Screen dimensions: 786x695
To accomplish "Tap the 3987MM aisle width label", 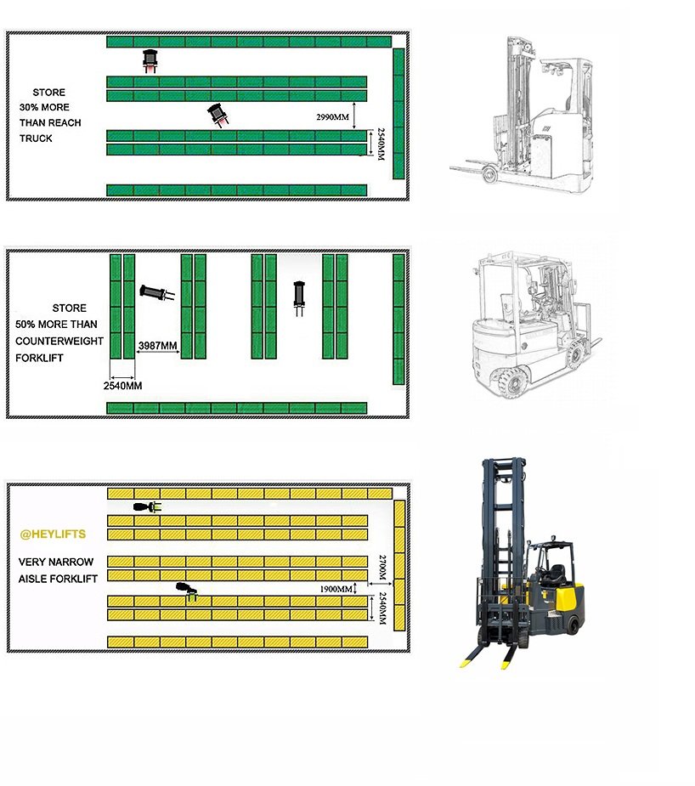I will pos(157,345).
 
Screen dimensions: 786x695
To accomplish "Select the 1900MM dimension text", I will pos(337,589).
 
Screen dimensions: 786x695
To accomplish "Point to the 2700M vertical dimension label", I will pos(382,567).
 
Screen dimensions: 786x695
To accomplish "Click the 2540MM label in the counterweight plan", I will pos(122,386).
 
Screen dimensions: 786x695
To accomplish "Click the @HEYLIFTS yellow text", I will pos(53,534).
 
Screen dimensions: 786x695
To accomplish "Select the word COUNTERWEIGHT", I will pos(59,341).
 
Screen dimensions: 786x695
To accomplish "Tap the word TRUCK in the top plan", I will pos(36,139).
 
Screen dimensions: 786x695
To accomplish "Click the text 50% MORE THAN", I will pos(56,325).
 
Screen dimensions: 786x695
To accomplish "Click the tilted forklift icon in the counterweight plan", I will pos(156,293).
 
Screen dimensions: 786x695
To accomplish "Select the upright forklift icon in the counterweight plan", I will pos(298,297).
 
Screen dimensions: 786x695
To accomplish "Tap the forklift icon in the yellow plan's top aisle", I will pos(147,507).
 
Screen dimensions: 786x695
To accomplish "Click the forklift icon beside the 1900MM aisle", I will pos(185,590).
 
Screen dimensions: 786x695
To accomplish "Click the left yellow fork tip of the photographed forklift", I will pos(466,661).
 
